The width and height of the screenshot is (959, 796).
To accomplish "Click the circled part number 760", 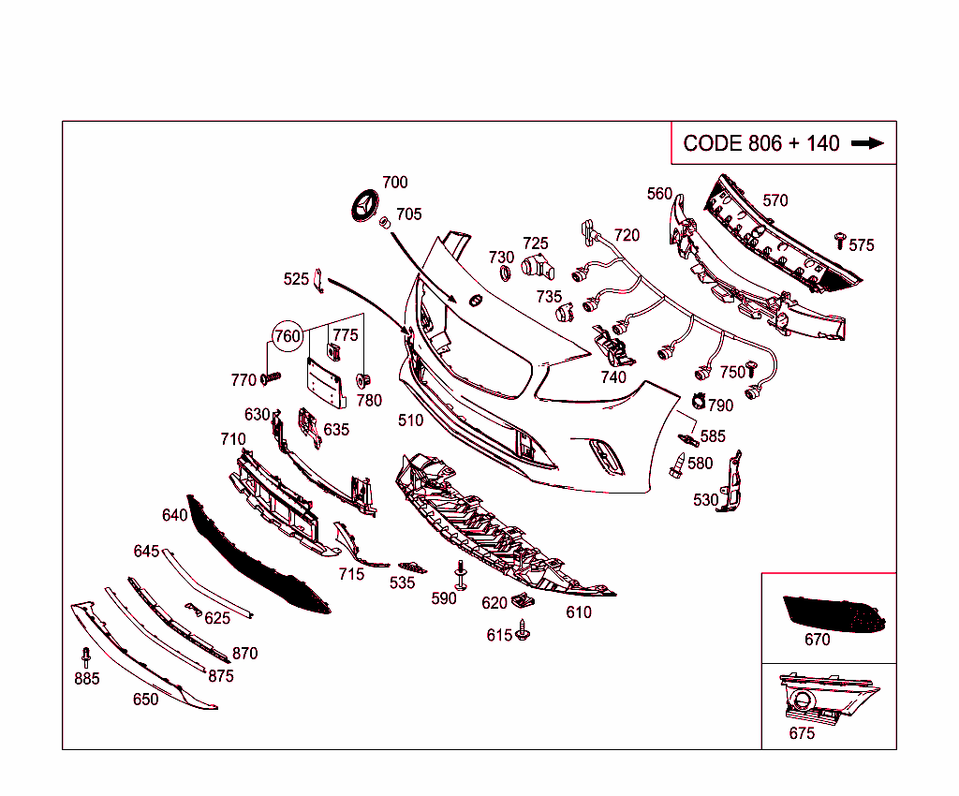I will tap(288, 336).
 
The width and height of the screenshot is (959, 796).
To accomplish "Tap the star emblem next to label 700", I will tap(361, 207).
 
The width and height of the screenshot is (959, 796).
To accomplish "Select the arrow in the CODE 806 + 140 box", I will tap(867, 143).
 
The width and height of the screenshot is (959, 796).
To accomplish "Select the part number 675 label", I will tap(802, 733).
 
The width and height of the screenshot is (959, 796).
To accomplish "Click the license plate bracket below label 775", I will tap(325, 384).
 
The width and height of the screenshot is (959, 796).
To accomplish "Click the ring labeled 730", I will tap(504, 273).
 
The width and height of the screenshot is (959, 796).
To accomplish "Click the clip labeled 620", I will tap(524, 600).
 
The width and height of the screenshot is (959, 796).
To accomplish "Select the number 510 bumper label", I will tap(410, 420).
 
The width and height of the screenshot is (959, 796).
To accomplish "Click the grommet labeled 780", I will tap(366, 380).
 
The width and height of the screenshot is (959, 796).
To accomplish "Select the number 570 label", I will tap(775, 200).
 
